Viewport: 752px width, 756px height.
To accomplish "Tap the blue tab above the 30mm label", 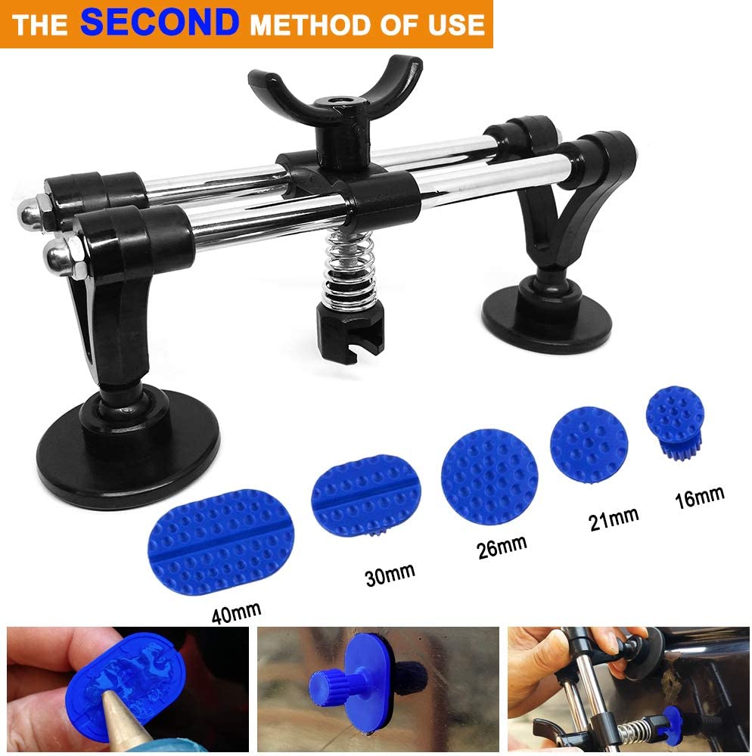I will point(365,495).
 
